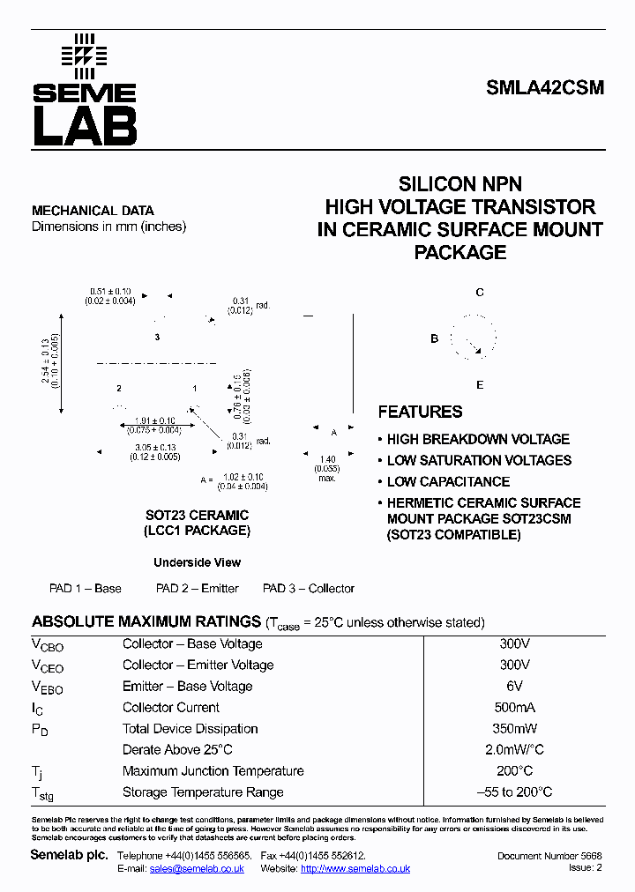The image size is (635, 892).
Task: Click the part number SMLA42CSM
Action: (545, 88)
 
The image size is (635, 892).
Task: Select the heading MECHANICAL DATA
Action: (93, 211)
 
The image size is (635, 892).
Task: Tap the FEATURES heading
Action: (420, 412)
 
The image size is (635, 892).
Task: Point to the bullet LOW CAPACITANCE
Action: (448, 481)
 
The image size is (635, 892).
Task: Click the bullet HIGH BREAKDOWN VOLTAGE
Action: (478, 439)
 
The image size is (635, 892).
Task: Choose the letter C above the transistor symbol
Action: (480, 293)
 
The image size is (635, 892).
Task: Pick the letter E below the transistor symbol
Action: (480, 385)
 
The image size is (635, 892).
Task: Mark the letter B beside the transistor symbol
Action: (434, 338)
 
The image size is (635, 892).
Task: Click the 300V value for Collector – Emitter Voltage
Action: (514, 665)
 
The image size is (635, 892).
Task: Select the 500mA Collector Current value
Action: (514, 707)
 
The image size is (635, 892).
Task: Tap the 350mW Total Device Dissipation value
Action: (514, 729)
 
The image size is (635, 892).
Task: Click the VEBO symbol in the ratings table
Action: (48, 687)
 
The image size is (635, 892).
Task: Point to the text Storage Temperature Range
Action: (203, 792)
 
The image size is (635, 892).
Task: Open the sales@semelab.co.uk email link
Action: (197, 868)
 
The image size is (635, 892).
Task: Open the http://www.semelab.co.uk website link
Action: (355, 868)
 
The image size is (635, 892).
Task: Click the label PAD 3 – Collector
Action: (309, 588)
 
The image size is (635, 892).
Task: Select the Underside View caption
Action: (197, 562)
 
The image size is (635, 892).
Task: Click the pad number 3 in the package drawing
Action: (157, 338)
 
